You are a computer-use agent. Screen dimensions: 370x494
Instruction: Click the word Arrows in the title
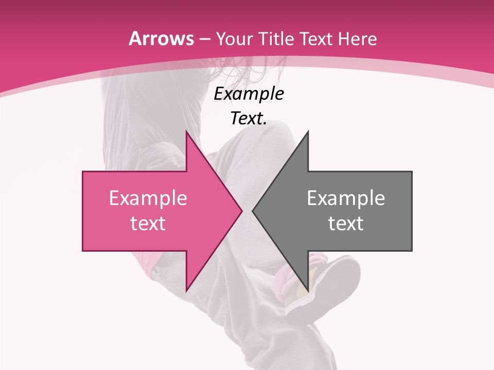click(161, 39)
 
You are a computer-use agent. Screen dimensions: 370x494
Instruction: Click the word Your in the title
click(233, 39)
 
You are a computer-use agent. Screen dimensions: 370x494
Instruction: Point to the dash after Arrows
click(204, 40)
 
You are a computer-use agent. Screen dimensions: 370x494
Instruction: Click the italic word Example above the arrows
click(249, 94)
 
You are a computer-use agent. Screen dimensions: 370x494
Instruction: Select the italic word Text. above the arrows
click(249, 118)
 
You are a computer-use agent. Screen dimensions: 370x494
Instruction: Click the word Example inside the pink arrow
click(148, 198)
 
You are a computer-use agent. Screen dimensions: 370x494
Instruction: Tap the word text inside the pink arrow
click(148, 223)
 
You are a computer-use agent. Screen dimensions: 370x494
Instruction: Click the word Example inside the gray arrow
click(346, 198)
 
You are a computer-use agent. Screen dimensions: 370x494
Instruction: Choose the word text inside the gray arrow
click(346, 223)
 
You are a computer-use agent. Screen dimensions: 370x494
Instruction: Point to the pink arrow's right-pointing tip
click(242, 211)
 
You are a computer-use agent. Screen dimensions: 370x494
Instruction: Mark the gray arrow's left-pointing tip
click(253, 211)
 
